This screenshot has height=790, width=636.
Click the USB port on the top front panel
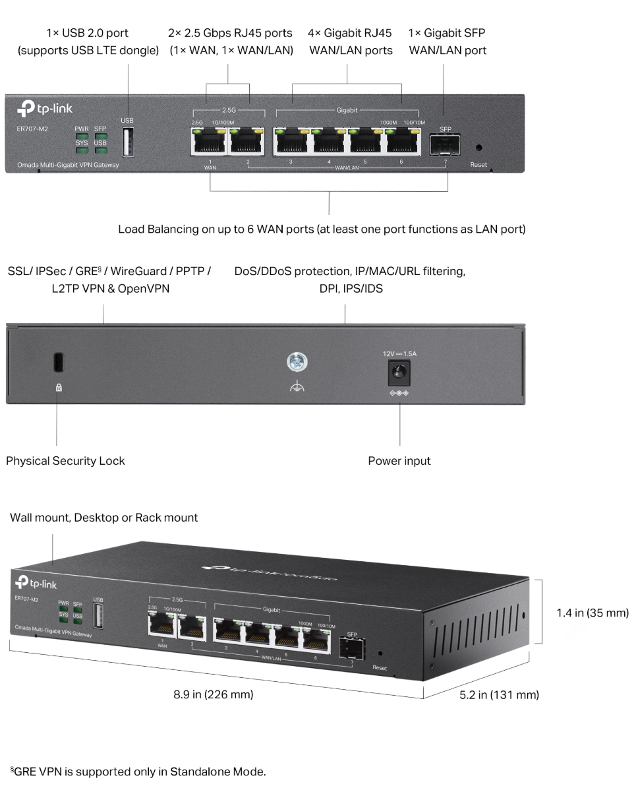127,142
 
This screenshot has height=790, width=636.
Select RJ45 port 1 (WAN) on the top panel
209,140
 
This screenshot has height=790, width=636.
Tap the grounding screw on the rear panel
297,361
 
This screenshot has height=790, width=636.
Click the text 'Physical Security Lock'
65,461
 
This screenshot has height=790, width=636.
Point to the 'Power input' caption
399,461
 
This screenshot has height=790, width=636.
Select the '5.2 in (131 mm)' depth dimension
499,694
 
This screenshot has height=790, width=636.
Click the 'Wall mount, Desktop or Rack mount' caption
103,518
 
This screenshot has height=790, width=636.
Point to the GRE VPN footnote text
138,771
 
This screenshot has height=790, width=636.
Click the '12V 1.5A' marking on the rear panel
399,353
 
